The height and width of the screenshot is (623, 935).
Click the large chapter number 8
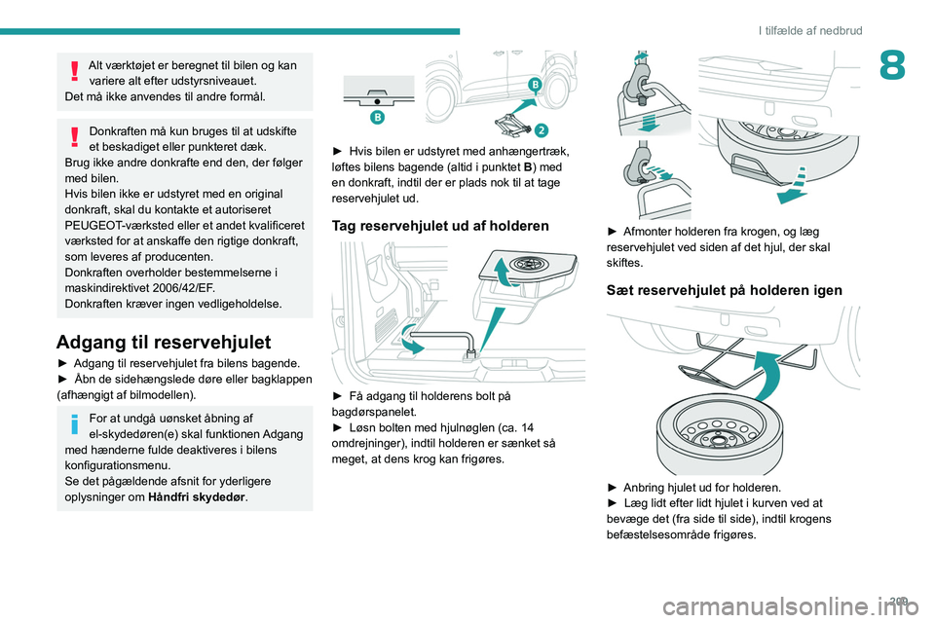tap(892, 65)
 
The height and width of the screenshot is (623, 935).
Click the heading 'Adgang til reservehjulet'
tap(164, 343)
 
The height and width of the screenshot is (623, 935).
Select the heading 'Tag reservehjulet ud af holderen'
tap(440, 226)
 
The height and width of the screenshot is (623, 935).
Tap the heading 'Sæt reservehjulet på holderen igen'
tap(724, 290)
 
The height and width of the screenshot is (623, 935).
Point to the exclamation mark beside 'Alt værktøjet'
tap(74, 70)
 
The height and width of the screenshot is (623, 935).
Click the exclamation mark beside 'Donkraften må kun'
tap(74, 136)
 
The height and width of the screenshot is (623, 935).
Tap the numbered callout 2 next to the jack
tap(541, 129)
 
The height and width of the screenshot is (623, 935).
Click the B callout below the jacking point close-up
tap(377, 117)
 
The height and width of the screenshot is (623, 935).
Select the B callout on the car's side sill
tap(536, 86)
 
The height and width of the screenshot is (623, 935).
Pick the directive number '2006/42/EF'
tap(184, 288)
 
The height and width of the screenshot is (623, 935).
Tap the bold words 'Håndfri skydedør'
tap(196, 497)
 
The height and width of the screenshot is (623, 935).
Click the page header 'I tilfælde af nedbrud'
tap(810, 30)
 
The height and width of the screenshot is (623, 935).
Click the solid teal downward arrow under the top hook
tap(650, 124)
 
